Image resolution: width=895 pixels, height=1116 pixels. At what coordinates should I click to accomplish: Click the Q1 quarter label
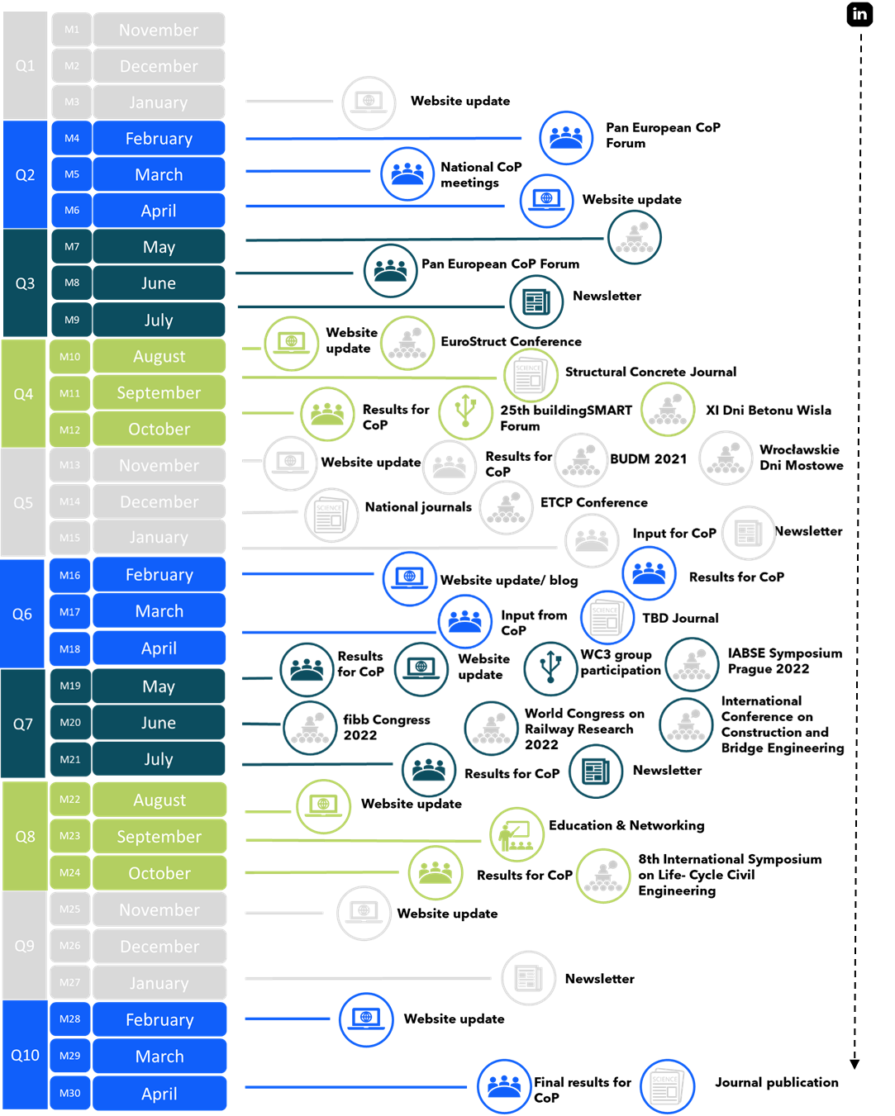[26, 66]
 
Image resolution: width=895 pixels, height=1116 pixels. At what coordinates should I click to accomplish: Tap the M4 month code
[72, 138]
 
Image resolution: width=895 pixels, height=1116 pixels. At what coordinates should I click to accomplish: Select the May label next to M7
[159, 247]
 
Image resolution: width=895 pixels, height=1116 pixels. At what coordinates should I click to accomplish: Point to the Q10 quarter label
[25, 1055]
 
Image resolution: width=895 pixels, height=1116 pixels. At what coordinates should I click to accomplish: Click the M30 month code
[70, 1093]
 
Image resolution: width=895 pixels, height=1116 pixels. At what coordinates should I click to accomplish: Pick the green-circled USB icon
[466, 411]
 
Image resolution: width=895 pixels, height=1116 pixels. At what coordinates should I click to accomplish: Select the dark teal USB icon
[550, 668]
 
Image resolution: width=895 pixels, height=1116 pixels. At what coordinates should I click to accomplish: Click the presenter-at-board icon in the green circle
[517, 834]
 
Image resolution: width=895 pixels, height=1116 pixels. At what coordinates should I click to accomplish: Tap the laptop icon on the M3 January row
[369, 102]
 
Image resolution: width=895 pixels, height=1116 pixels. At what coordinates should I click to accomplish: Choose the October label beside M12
[159, 429]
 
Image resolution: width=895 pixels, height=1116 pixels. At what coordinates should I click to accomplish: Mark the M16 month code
[70, 575]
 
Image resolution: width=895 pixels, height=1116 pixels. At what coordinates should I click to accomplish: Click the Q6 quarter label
[22, 614]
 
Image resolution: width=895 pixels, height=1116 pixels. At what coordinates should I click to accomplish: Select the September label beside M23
[159, 837]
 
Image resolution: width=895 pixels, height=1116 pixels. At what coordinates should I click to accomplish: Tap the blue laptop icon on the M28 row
[366, 1019]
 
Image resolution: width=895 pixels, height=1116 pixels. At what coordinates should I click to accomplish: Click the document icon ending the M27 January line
[529, 978]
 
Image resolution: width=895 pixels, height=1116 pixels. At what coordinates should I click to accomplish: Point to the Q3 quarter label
[26, 283]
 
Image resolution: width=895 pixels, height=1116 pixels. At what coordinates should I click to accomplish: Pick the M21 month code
[70, 759]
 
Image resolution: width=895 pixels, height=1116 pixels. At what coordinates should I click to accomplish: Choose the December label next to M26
[159, 947]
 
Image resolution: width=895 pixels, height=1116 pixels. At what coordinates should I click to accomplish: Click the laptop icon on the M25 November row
[364, 913]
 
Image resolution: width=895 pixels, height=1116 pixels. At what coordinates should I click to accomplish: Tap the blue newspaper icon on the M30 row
[667, 1086]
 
